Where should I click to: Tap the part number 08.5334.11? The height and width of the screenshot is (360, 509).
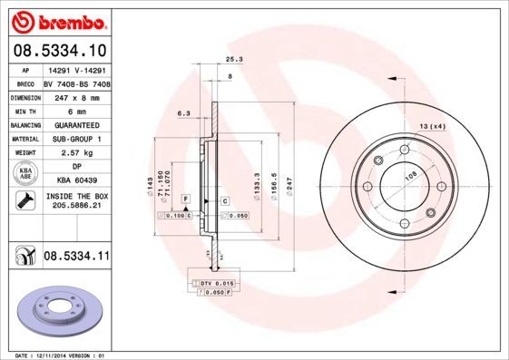click(76, 258)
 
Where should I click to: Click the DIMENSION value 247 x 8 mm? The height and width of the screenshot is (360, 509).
click(76, 95)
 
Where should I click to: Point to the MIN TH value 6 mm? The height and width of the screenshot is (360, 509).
click(76, 110)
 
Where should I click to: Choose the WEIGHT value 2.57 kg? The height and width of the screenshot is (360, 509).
click(76, 153)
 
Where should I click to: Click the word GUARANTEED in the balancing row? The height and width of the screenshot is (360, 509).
click(76, 124)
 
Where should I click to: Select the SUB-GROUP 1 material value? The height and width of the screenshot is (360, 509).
click(76, 139)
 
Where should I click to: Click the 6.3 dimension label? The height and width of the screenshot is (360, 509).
click(182, 113)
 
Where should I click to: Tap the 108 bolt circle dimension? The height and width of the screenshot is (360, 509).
click(409, 177)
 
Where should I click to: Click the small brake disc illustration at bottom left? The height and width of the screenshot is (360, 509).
click(56, 312)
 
